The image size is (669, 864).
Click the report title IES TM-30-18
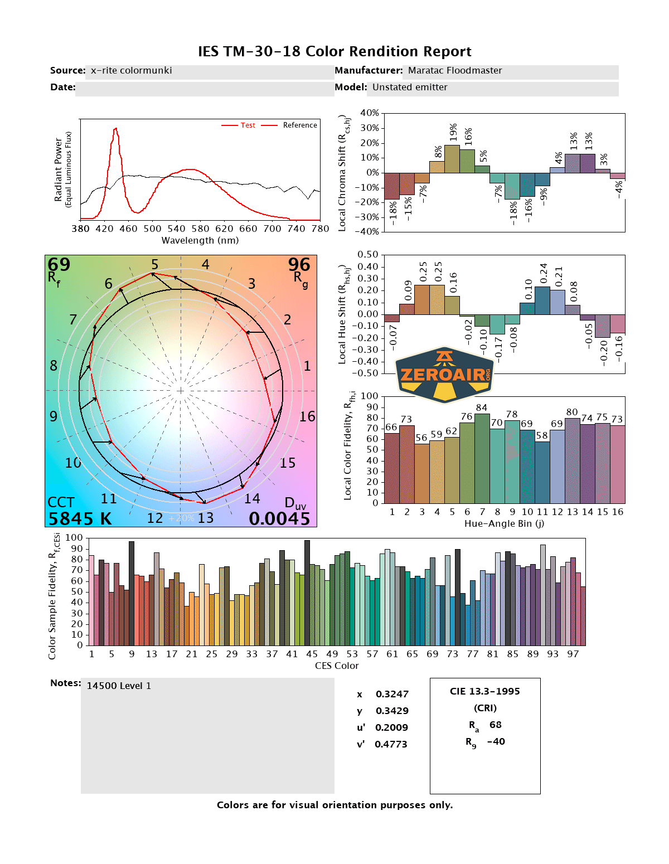(334, 51)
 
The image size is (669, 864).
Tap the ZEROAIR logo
(444, 374)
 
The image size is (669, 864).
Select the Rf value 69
(59, 265)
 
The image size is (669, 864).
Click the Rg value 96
(299, 265)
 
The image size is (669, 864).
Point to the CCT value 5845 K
(80, 519)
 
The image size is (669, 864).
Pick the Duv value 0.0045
(279, 519)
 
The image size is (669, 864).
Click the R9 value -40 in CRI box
(496, 742)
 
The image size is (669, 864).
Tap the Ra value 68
(496, 725)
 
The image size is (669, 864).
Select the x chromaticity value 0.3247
(392, 695)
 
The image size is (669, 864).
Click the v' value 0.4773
(391, 745)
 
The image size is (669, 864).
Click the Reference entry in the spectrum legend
(300, 125)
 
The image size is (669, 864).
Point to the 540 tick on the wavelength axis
(176, 229)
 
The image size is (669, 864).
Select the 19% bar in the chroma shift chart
(452, 159)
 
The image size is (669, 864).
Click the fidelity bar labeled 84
(482, 457)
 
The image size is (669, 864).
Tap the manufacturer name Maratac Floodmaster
(455, 71)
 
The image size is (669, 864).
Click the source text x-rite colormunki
(131, 71)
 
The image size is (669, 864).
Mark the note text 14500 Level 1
(119, 686)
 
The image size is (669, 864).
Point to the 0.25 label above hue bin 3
(423, 272)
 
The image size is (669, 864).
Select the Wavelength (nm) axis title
(200, 241)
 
